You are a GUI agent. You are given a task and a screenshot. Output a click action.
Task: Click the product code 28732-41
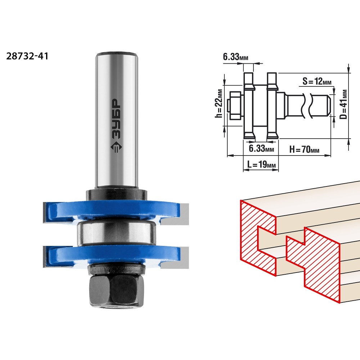pyautogui.click(x=27, y=56)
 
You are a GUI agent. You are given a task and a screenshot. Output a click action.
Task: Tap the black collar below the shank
pyautogui.click(x=117, y=194)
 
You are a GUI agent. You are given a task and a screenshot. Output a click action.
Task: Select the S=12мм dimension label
pyautogui.click(x=317, y=81)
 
